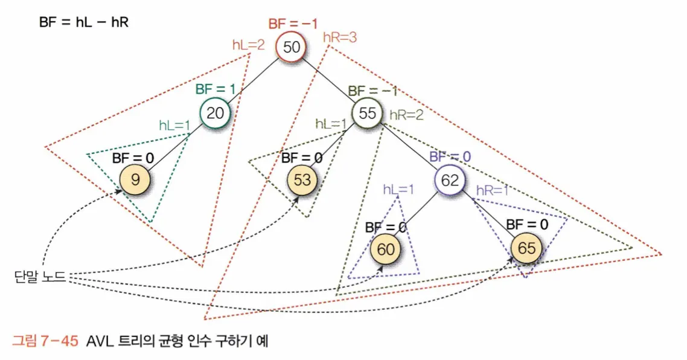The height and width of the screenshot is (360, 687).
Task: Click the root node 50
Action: point(291,47)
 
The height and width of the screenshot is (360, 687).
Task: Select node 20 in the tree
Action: point(215,112)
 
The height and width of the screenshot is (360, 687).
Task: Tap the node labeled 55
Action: point(368,112)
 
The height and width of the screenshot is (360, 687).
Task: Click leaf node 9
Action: point(133,179)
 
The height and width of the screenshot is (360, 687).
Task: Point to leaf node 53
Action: point(301,179)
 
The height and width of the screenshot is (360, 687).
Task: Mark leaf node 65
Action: point(526,248)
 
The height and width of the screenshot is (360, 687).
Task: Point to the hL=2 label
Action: point(249,44)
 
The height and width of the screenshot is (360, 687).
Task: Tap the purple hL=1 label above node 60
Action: point(398,189)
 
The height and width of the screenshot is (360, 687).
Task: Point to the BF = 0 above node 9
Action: point(133,158)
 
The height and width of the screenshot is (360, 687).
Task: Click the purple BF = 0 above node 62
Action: point(450,156)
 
